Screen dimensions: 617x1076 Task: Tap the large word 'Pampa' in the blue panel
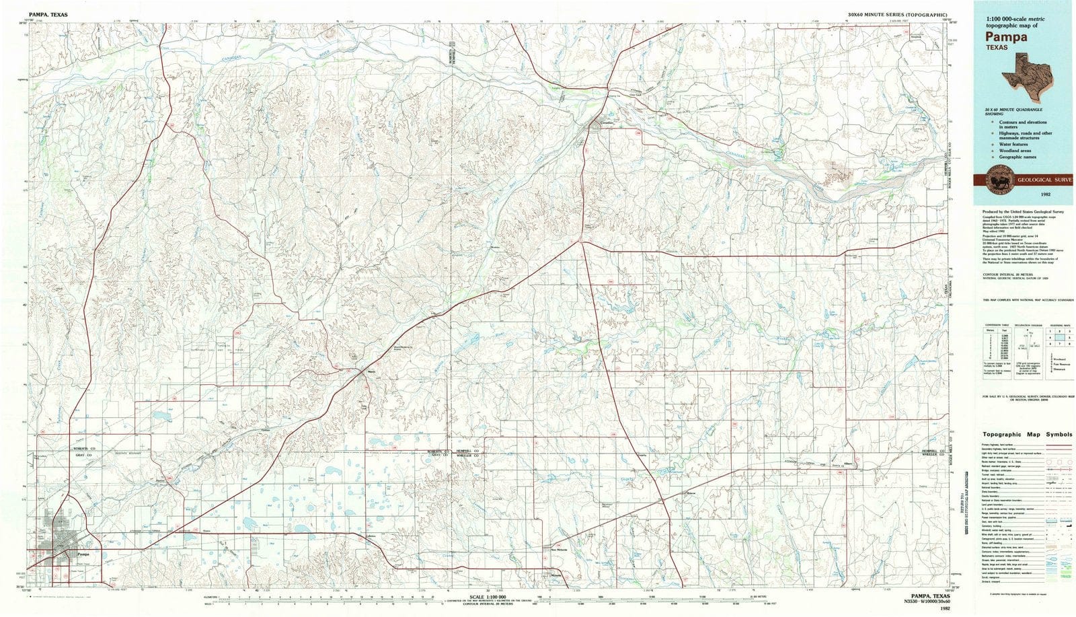click(x=1007, y=36)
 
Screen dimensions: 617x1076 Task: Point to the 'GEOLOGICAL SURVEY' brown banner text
click(x=1044, y=180)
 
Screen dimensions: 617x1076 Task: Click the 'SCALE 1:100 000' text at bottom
click(x=489, y=597)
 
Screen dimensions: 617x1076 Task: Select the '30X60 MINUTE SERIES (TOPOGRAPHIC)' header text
click(x=898, y=14)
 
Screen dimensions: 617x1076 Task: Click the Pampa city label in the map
click(x=83, y=554)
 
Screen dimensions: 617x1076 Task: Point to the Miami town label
click(x=370, y=370)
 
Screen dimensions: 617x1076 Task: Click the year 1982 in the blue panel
click(x=1045, y=194)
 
